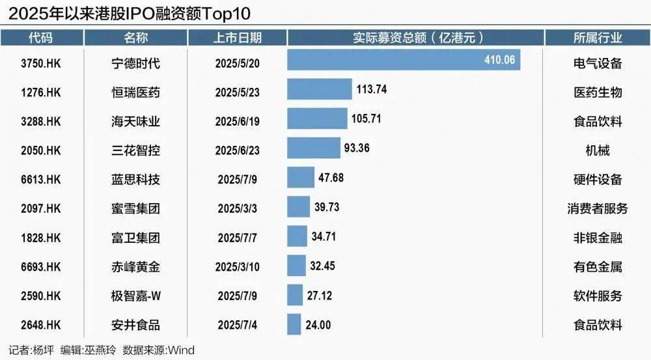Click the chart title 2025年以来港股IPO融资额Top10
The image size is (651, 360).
click(130, 12)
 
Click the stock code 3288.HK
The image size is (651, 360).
click(40, 120)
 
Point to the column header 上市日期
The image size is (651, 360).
click(237, 38)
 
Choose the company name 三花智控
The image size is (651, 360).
click(135, 150)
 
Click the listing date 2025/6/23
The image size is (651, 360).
click(237, 150)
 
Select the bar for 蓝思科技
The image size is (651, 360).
click(301, 178)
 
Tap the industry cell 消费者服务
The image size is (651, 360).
click(597, 208)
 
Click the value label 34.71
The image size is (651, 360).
click(324, 236)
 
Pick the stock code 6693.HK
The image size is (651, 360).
click(40, 267)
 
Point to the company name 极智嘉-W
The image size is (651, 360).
click(135, 296)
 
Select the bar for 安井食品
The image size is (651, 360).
click(294, 324)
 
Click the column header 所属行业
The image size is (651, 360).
click(597, 38)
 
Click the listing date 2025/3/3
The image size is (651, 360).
click(237, 209)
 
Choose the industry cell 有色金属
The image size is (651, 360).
click(597, 267)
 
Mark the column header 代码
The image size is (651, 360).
click(40, 38)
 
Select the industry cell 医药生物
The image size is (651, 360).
click(597, 92)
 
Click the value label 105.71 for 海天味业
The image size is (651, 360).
click(367, 118)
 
